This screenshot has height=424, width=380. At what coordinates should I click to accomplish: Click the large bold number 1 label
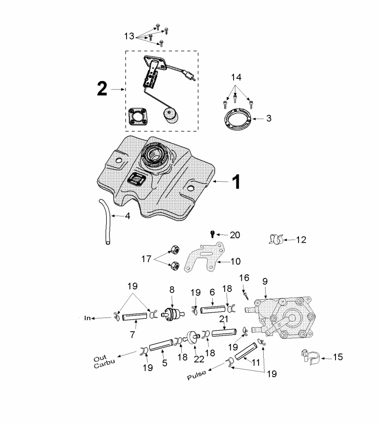(x=235, y=182)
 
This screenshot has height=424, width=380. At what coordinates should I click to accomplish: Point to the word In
(x=87, y=318)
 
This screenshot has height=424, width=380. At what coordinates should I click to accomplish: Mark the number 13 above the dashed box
(x=129, y=36)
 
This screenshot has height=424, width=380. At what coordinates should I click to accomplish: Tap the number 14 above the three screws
(x=236, y=77)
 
